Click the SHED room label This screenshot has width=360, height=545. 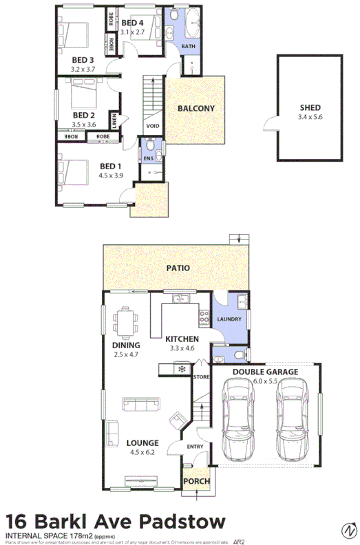pyautogui.click(x=310, y=108)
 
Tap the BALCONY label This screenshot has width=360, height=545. pyautogui.click(x=196, y=109)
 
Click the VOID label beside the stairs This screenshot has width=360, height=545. pyautogui.click(x=153, y=127)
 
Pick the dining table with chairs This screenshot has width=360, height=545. pyautogui.click(x=125, y=321)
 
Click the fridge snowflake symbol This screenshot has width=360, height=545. pyautogui.click(x=182, y=370)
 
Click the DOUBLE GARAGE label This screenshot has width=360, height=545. pyautogui.click(x=265, y=372)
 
